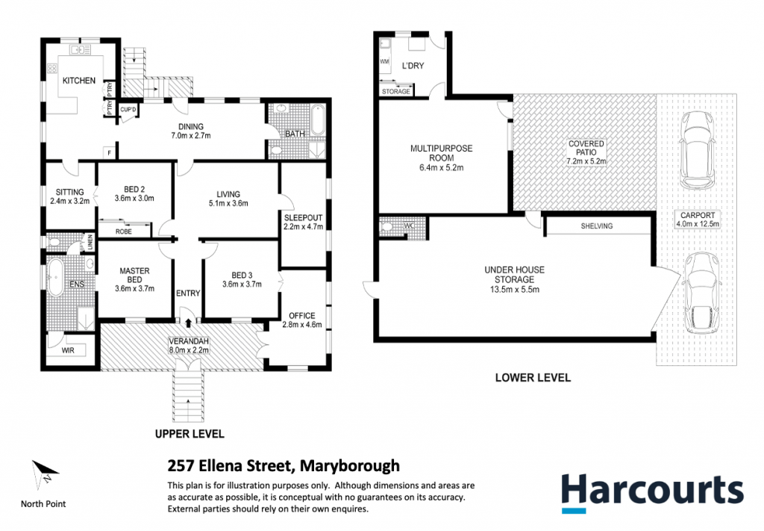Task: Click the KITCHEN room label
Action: [79, 81]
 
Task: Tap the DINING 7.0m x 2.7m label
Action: [190, 131]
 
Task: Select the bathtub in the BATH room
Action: [317, 120]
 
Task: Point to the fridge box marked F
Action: [110, 152]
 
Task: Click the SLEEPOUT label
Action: [303, 217]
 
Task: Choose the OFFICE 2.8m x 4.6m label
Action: [301, 320]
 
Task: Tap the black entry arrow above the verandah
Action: [189, 323]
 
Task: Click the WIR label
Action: [68, 350]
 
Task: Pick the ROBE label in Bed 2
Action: [124, 231]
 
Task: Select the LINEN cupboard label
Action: [90, 242]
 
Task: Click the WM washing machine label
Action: [384, 61]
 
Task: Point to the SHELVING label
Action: [597, 226]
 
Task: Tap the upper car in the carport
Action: [698, 150]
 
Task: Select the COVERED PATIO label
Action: [586, 152]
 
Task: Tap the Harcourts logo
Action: [652, 493]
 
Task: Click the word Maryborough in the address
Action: [349, 466]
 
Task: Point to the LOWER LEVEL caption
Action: [533, 377]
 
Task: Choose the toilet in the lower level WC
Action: [388, 227]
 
